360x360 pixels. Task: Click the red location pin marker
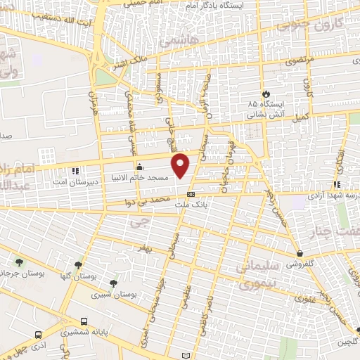coord(181,165)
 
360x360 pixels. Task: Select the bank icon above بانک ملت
coord(191,193)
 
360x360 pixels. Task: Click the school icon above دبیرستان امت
coord(75,170)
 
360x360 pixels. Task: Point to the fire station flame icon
coord(266,94)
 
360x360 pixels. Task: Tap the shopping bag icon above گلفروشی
coord(300,253)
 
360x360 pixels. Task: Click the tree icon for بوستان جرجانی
coord(18,263)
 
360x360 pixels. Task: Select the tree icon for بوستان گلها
coord(78,266)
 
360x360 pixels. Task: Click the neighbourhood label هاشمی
coord(173,43)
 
